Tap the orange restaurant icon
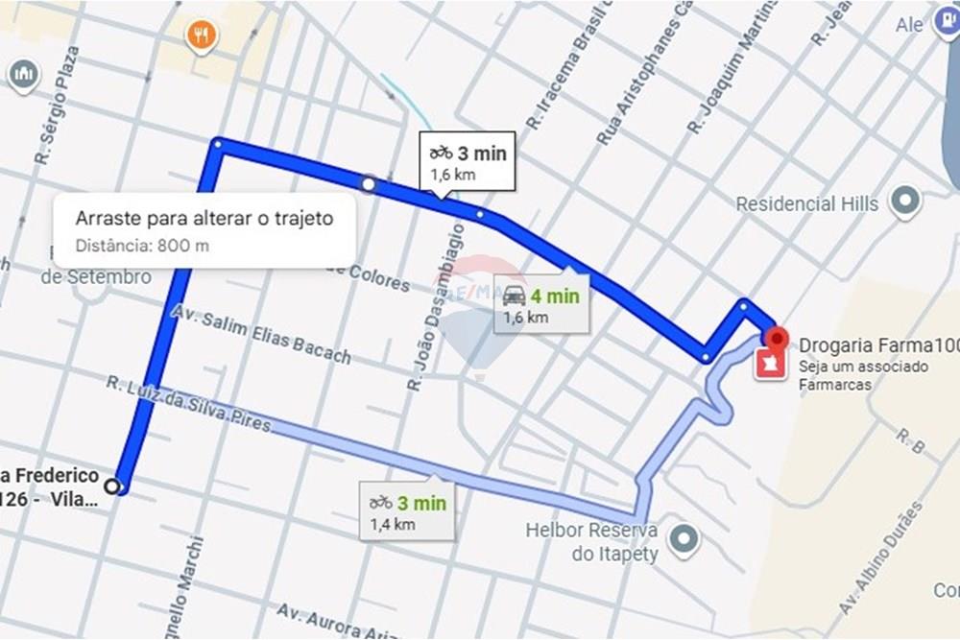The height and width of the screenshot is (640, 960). click(x=201, y=36)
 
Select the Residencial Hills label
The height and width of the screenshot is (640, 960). click(x=806, y=203)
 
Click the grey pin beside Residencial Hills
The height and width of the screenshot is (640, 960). click(x=904, y=201)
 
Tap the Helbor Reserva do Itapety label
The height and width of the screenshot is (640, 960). click(x=590, y=542)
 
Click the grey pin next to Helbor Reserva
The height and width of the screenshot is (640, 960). click(x=684, y=540)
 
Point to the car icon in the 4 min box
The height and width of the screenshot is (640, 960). click(x=514, y=296)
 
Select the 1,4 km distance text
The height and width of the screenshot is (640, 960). click(x=393, y=524)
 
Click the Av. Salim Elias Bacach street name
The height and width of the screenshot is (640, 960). click(x=261, y=334)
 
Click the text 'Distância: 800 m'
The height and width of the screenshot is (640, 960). click(x=142, y=245)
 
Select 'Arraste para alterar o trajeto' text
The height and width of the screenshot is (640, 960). click(x=204, y=218)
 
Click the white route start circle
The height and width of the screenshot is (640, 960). click(x=116, y=486)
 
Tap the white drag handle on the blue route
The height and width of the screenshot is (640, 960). click(x=368, y=182)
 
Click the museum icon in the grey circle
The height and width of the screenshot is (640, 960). click(x=22, y=73)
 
